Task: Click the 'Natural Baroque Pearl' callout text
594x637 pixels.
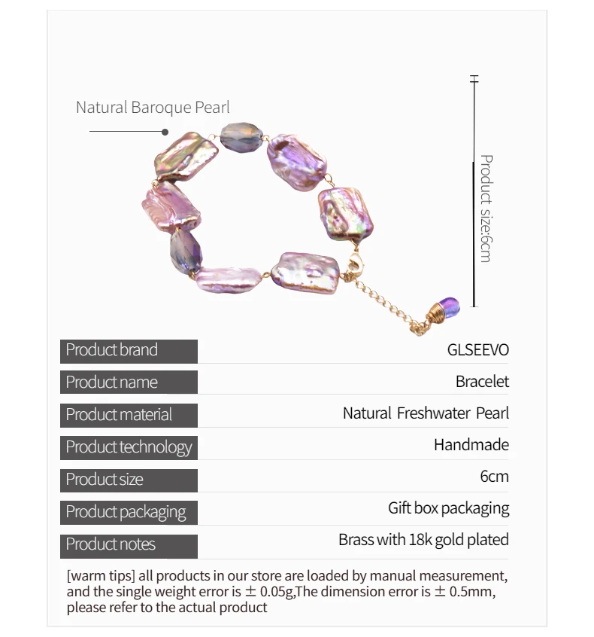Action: pyautogui.click(x=153, y=108)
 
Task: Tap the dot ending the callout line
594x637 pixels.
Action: pyautogui.click(x=165, y=132)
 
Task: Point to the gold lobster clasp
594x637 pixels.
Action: pyautogui.click(x=353, y=266)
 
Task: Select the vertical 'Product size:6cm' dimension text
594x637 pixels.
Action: pyautogui.click(x=486, y=209)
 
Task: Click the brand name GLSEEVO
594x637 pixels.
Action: pyautogui.click(x=478, y=350)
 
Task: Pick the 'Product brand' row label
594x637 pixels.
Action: pyautogui.click(x=112, y=350)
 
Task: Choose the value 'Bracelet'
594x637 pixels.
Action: pyautogui.click(x=482, y=382)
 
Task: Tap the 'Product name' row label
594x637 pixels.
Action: pyautogui.click(x=112, y=383)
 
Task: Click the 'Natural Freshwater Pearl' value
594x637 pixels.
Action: pyautogui.click(x=426, y=413)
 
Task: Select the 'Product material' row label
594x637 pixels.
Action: pyautogui.click(x=119, y=415)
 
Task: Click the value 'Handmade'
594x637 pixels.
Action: pyautogui.click(x=471, y=445)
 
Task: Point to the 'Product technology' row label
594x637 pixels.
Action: pyautogui.click(x=129, y=447)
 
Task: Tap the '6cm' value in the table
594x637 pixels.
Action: pyautogui.click(x=494, y=477)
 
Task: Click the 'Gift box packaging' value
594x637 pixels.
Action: pyautogui.click(x=448, y=508)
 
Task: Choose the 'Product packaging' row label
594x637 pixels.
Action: pyautogui.click(x=126, y=512)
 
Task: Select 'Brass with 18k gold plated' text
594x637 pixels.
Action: pyautogui.click(x=423, y=540)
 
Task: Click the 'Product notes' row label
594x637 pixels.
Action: pyautogui.click(x=111, y=544)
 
